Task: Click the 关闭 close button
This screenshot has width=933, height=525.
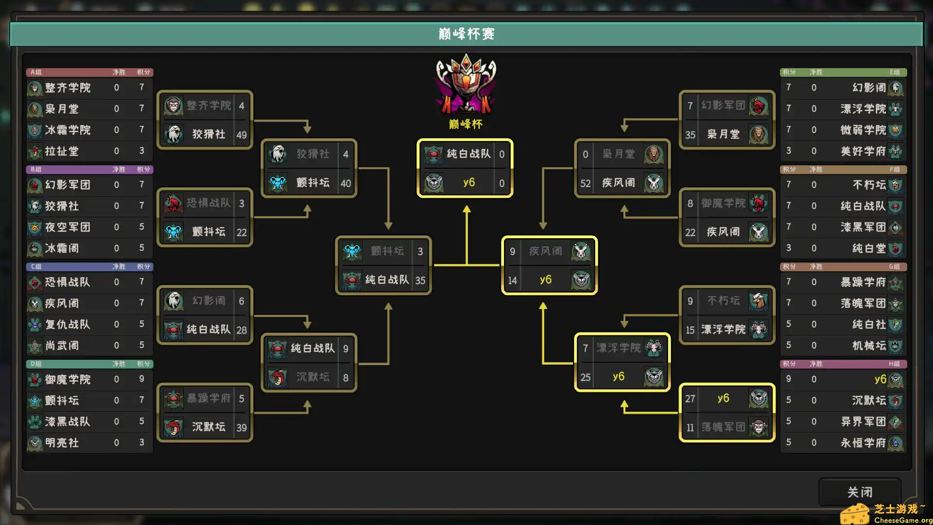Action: (x=860, y=492)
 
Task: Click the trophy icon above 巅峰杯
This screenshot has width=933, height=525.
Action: (x=466, y=84)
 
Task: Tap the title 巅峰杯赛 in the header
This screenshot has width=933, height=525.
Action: (x=466, y=34)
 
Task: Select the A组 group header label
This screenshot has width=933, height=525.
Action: (x=36, y=72)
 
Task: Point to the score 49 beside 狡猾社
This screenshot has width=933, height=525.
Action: (x=242, y=135)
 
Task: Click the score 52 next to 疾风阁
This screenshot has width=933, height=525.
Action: (x=586, y=183)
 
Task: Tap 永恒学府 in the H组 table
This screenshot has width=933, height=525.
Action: (x=863, y=443)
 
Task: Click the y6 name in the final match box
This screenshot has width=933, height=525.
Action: (x=469, y=182)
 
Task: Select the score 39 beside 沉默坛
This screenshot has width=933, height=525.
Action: (x=242, y=427)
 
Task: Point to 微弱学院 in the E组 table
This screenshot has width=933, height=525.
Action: (x=863, y=130)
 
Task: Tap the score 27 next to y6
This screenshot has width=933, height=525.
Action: (x=690, y=399)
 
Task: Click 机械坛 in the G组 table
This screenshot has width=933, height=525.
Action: (x=869, y=346)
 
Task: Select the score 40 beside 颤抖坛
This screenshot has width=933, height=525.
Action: (x=346, y=183)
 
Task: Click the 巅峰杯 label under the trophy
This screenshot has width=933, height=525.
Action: (x=466, y=124)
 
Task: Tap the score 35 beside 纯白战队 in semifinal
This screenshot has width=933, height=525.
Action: (x=420, y=280)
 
